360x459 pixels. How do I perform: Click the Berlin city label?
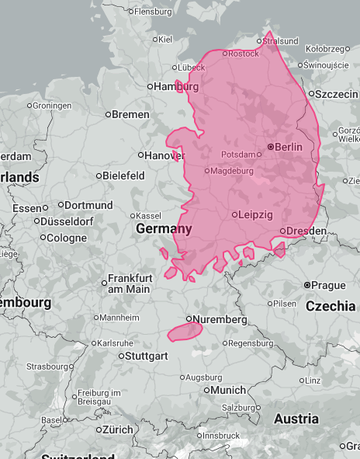point(289,147)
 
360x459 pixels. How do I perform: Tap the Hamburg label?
point(177,86)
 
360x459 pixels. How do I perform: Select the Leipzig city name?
point(256,214)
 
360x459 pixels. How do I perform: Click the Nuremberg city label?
point(221,319)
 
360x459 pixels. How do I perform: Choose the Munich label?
point(227,390)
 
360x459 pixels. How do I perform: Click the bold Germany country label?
point(164,229)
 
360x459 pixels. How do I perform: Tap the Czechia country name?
point(331,306)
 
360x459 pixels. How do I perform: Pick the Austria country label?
point(296,419)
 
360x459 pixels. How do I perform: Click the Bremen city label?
point(130,114)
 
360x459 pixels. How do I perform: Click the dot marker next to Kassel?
point(131,215)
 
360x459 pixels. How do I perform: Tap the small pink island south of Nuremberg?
point(185,332)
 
